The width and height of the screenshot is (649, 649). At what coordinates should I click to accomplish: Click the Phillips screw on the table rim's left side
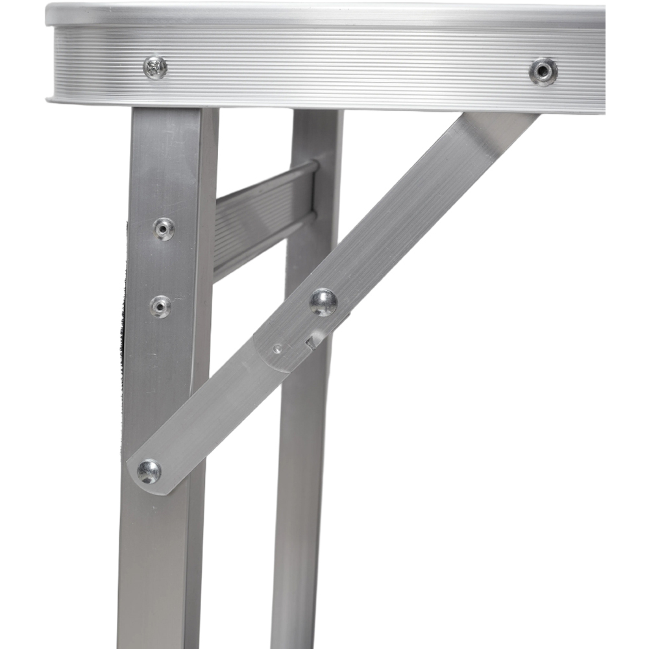click(x=155, y=67)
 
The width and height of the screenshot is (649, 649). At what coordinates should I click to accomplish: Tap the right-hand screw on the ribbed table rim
click(x=543, y=71)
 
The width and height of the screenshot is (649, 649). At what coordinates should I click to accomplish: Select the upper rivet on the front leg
click(x=164, y=228)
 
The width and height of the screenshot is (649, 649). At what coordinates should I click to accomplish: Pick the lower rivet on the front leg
click(x=160, y=306)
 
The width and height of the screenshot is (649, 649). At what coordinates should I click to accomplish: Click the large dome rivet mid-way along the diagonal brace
click(x=323, y=302)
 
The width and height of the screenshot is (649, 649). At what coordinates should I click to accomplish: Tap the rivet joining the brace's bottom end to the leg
click(x=149, y=471)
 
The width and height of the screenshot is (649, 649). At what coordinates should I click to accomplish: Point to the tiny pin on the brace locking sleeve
click(x=278, y=349)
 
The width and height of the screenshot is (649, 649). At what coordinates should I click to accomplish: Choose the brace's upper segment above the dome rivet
click(x=415, y=208)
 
